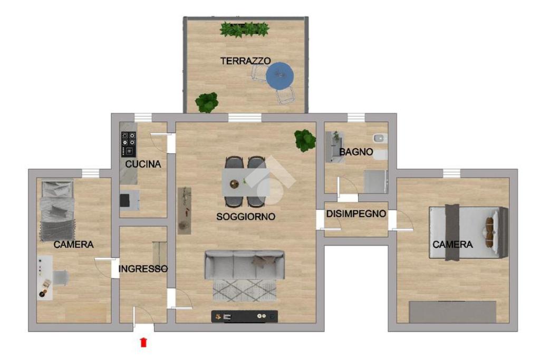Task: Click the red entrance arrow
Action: [143, 342]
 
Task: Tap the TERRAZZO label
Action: [246, 61]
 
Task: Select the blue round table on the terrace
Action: [279, 76]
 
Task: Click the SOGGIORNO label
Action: [246, 217]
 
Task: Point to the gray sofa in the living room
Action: [245, 264]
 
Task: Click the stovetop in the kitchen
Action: [129, 144]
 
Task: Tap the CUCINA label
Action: [143, 164]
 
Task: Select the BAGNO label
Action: [356, 152]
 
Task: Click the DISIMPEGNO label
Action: [356, 213]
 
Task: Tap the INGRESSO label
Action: [143, 268]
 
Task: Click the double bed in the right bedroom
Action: [468, 232]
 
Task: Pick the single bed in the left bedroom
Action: [57, 211]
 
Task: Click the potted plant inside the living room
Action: [305, 140]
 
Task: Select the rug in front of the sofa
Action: [245, 290]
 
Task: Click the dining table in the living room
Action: [246, 182]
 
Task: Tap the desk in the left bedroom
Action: [45, 278]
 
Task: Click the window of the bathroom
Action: [356, 118]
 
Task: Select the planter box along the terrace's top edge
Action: [245, 30]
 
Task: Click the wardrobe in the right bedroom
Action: [452, 312]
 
